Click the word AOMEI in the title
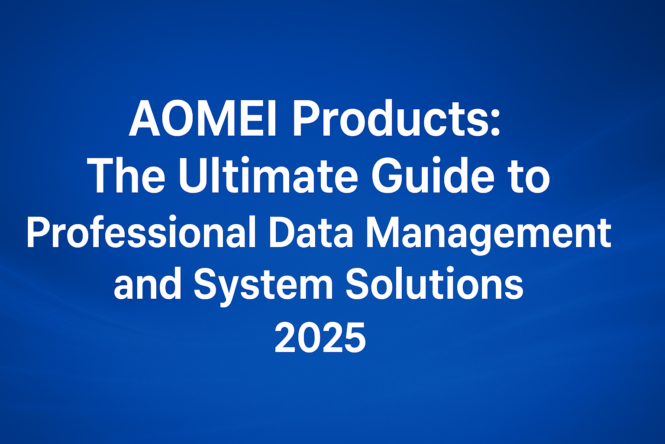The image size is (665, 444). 203,119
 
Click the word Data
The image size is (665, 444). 311,229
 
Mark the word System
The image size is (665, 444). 263,285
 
